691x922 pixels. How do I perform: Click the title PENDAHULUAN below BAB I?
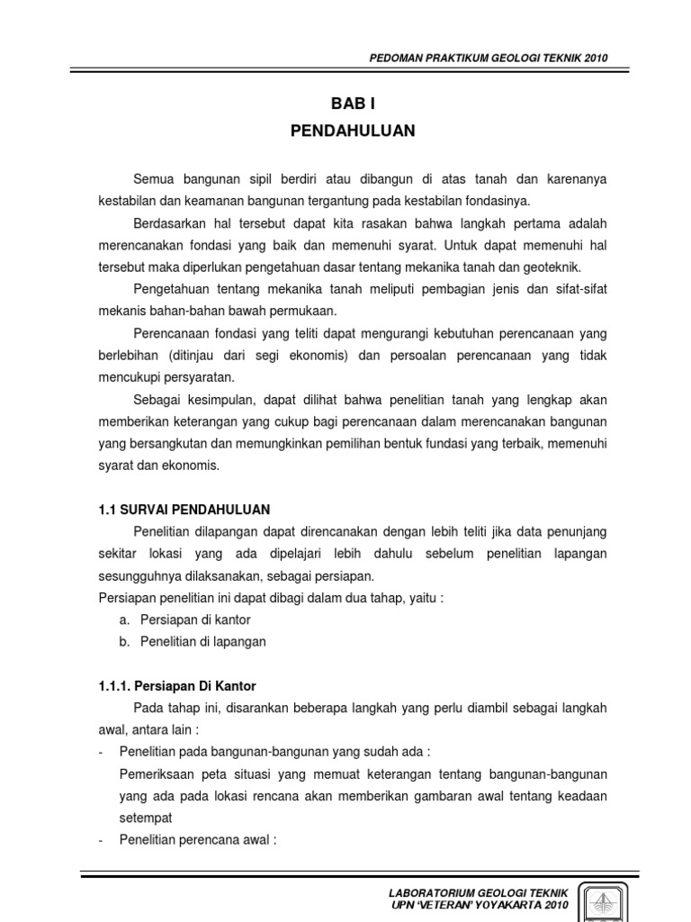pos(353,131)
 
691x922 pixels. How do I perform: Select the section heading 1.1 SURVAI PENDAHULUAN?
pos(184,510)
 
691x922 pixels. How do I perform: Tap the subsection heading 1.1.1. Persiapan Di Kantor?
pos(177,686)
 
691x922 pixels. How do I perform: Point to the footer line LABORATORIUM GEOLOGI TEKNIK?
pos(478,892)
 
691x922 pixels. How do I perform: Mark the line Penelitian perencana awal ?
pos(197,840)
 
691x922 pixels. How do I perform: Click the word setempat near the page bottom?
pos(145,818)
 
